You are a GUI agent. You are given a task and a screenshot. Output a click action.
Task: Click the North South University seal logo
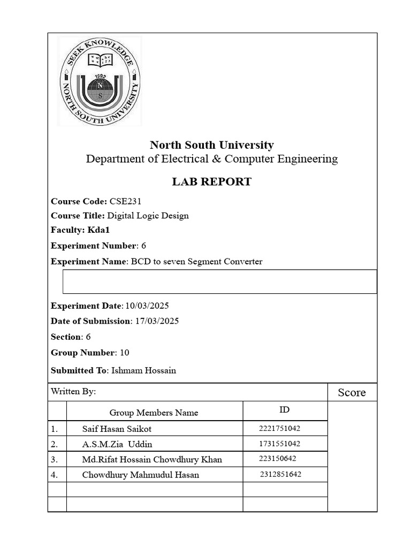[x=100, y=82]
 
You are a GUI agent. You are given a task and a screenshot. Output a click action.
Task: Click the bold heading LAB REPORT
[x=211, y=182]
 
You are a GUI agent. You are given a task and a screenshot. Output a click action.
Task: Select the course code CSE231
[x=126, y=202]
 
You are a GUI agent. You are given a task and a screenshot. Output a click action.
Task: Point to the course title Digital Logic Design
[x=148, y=216]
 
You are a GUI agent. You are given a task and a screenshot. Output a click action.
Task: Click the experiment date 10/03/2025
[x=147, y=306]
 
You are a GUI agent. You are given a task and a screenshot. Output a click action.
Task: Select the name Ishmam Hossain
[x=143, y=370]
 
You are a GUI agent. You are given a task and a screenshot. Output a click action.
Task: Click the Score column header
[x=352, y=393]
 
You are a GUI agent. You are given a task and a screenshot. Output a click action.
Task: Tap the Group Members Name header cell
[x=154, y=413]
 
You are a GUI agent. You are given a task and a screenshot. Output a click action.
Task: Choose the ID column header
[x=285, y=410]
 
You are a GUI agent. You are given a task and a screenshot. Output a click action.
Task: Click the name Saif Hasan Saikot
[x=120, y=429]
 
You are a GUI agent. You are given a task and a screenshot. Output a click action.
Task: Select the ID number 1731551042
[x=279, y=444]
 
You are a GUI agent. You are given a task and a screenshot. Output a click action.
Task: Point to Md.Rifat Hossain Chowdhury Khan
[x=152, y=459]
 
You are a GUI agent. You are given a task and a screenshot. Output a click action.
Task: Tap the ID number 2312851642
[x=281, y=474]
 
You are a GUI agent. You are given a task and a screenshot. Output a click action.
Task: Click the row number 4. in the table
[x=55, y=475]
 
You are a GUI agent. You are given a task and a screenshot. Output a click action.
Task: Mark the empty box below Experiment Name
[x=219, y=281]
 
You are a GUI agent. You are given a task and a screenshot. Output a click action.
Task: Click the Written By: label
[x=73, y=392]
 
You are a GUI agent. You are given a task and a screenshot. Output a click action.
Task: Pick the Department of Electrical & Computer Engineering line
[x=212, y=159]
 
